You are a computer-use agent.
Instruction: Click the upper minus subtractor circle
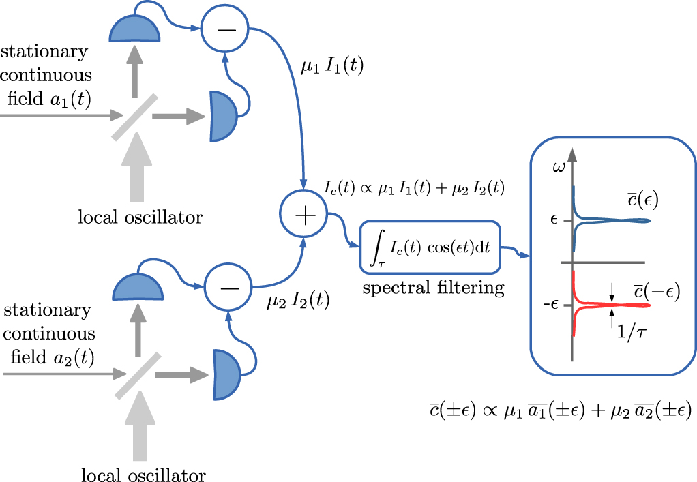pos(224,29)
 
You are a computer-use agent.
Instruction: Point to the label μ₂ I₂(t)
pos(297,299)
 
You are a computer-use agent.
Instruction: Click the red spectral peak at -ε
pos(607,305)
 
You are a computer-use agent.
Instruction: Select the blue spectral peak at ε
pos(607,220)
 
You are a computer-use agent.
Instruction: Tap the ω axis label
pos(559,166)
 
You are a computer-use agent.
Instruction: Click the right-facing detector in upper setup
pos(223,117)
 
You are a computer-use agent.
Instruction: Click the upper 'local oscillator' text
pos(140,218)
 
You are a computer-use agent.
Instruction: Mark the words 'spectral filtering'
pos(433,287)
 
